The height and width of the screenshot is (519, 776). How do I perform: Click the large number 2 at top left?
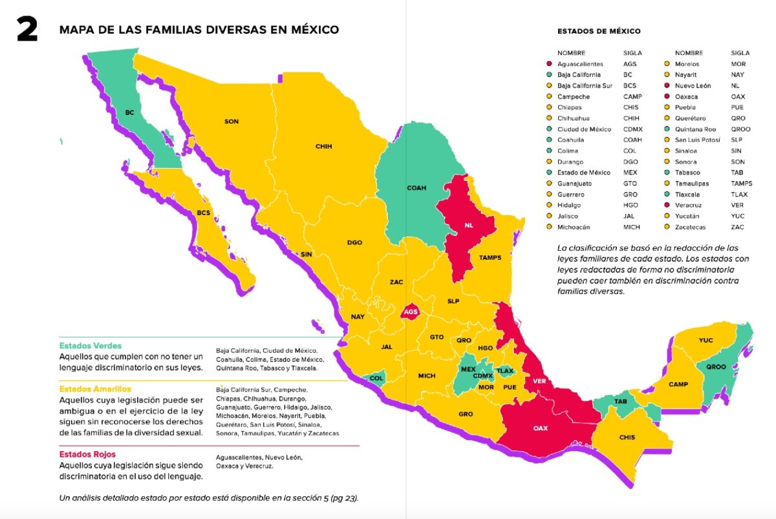(x=27, y=30)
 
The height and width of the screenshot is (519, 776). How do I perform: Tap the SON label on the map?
(x=231, y=122)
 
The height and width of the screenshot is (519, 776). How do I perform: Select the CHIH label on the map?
(x=323, y=147)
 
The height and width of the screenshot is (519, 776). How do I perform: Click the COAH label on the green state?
(x=416, y=188)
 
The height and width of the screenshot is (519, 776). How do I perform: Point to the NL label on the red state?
(x=469, y=226)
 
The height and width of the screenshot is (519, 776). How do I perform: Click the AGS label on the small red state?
(x=410, y=312)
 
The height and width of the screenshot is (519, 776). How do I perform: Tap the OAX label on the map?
(x=541, y=428)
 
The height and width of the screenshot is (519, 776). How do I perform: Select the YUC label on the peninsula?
(x=706, y=340)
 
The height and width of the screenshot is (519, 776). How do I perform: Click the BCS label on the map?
(x=203, y=212)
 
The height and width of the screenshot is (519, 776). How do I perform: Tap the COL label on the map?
(x=376, y=378)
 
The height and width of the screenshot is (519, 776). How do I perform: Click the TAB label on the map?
(x=620, y=402)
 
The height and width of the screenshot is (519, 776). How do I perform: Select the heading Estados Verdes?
(x=90, y=346)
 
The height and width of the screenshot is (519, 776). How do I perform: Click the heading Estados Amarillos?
(x=95, y=389)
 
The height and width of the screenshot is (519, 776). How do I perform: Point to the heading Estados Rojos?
(x=87, y=454)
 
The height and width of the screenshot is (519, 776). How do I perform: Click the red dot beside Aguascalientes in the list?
(x=548, y=64)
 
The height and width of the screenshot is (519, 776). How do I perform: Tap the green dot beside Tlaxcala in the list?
(x=665, y=195)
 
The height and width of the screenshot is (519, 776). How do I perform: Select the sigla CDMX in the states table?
(x=634, y=129)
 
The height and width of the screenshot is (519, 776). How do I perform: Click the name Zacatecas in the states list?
(x=690, y=227)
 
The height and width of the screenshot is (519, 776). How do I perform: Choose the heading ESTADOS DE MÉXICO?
(x=599, y=31)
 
